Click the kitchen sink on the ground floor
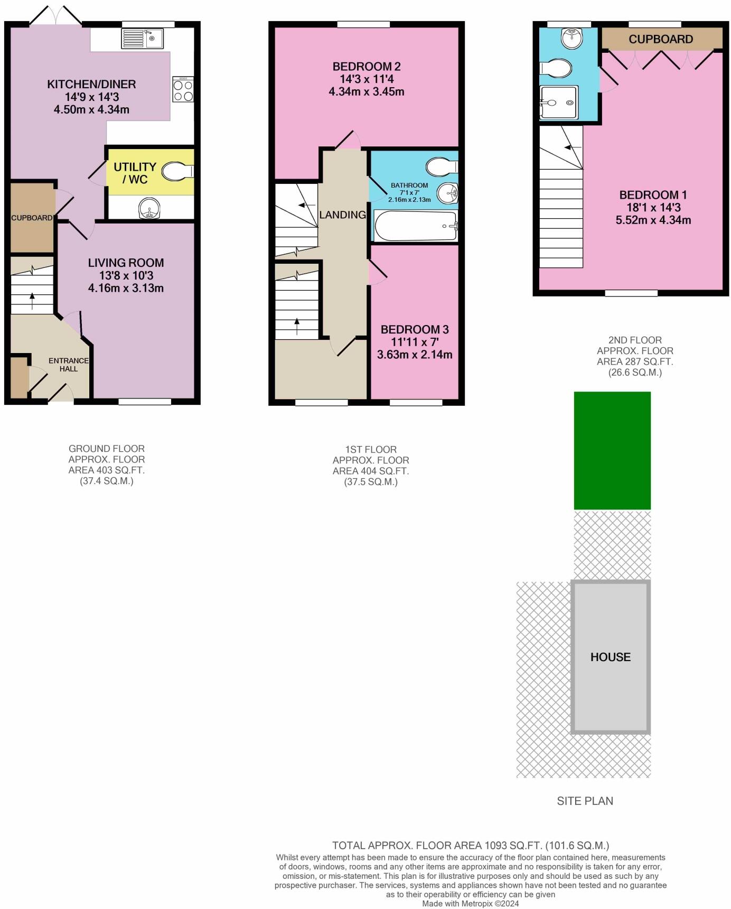click(143, 39)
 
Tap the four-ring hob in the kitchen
click(183, 89)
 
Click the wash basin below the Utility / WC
click(149, 208)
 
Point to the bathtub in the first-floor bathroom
click(416, 226)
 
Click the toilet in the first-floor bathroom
click(442, 166)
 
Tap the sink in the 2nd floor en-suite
click(570, 38)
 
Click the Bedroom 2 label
click(367, 67)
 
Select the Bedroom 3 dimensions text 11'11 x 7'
click(415, 342)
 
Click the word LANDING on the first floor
click(342, 215)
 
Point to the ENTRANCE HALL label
click(69, 365)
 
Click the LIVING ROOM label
click(126, 263)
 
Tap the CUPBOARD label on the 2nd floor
click(661, 39)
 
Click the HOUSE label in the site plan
click(611, 657)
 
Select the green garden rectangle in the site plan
click(612, 450)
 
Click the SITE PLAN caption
click(585, 801)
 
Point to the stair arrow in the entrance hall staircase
click(32, 302)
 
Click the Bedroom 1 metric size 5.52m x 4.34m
click(653, 220)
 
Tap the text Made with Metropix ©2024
click(471, 904)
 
